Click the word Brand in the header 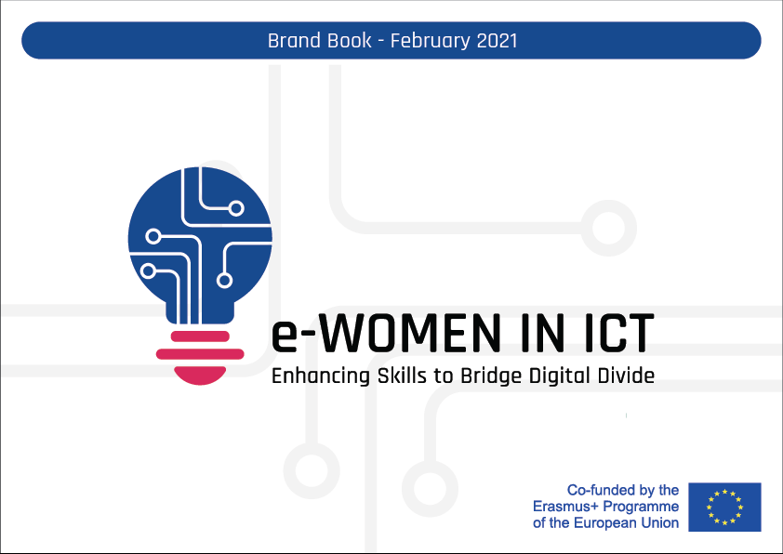coord(288,41)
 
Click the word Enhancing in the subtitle coord(311,377)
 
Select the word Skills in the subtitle coord(381,376)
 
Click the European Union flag coord(724,507)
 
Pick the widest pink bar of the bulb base coord(200,353)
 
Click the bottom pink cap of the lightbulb coord(200,373)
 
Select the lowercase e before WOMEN coord(282,336)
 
